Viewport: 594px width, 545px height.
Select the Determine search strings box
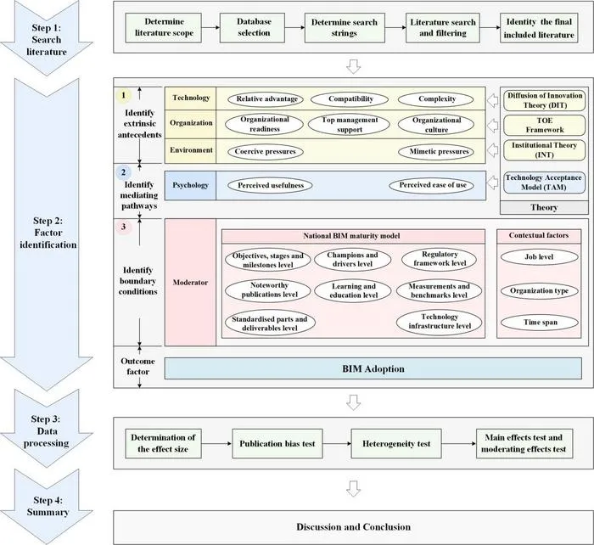(345, 28)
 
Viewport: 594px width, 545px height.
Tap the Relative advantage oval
(266, 99)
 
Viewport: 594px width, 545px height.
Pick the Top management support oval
(350, 125)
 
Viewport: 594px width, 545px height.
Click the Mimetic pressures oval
(436, 152)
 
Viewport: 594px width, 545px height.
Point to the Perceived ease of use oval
(432, 185)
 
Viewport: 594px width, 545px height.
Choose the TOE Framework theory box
(545, 125)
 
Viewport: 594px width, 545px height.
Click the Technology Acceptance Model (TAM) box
(545, 183)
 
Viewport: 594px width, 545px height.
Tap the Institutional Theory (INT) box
(545, 150)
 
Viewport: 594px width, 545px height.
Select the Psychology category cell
(191, 185)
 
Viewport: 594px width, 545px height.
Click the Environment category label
(191, 150)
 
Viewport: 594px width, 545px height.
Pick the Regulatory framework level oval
(440, 259)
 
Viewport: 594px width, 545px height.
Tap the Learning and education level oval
(353, 291)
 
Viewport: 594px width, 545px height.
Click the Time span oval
(540, 323)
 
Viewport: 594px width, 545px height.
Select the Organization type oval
(540, 291)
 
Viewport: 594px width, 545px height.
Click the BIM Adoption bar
(373, 368)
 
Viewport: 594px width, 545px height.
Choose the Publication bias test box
(277, 444)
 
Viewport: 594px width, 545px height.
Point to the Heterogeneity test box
(396, 444)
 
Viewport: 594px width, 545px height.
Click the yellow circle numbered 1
(123, 96)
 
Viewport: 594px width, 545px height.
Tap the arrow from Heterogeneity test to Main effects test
(459, 444)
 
